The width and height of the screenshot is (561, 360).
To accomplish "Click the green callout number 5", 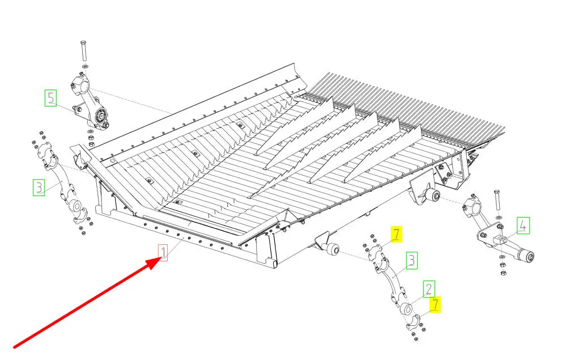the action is [51, 98].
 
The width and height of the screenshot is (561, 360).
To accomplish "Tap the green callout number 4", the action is [522, 227].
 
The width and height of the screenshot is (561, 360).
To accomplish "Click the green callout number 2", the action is [429, 289].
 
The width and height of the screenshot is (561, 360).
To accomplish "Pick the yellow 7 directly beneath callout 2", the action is [435, 304].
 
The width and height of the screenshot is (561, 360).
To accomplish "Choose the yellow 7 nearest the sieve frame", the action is [396, 233].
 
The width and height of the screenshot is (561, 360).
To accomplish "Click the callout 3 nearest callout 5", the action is [39, 187].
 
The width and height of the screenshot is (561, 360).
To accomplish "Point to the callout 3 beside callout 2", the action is [412, 261].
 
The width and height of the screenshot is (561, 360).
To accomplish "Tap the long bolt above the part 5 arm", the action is [83, 52].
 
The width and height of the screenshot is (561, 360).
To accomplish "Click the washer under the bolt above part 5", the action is [84, 67].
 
